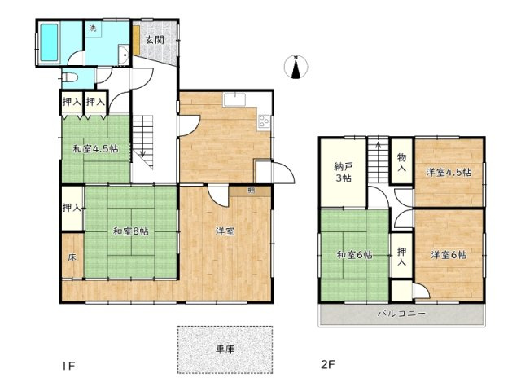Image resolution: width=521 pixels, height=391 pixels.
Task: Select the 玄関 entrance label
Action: (x=154, y=39)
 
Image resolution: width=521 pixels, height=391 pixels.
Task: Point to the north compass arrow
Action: (x=296, y=67)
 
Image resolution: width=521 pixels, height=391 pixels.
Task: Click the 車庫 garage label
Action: (x=225, y=349)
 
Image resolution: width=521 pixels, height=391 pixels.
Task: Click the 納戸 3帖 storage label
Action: (x=342, y=173)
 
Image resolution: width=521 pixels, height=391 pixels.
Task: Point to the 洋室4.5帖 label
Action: (x=449, y=173)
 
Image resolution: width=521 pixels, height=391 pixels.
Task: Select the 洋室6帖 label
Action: (x=449, y=255)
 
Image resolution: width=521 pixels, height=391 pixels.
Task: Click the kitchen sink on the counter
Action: (x=236, y=102)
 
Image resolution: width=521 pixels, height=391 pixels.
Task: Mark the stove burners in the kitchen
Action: (x=264, y=123)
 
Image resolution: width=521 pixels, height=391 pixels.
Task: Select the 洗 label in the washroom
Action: (x=92, y=29)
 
